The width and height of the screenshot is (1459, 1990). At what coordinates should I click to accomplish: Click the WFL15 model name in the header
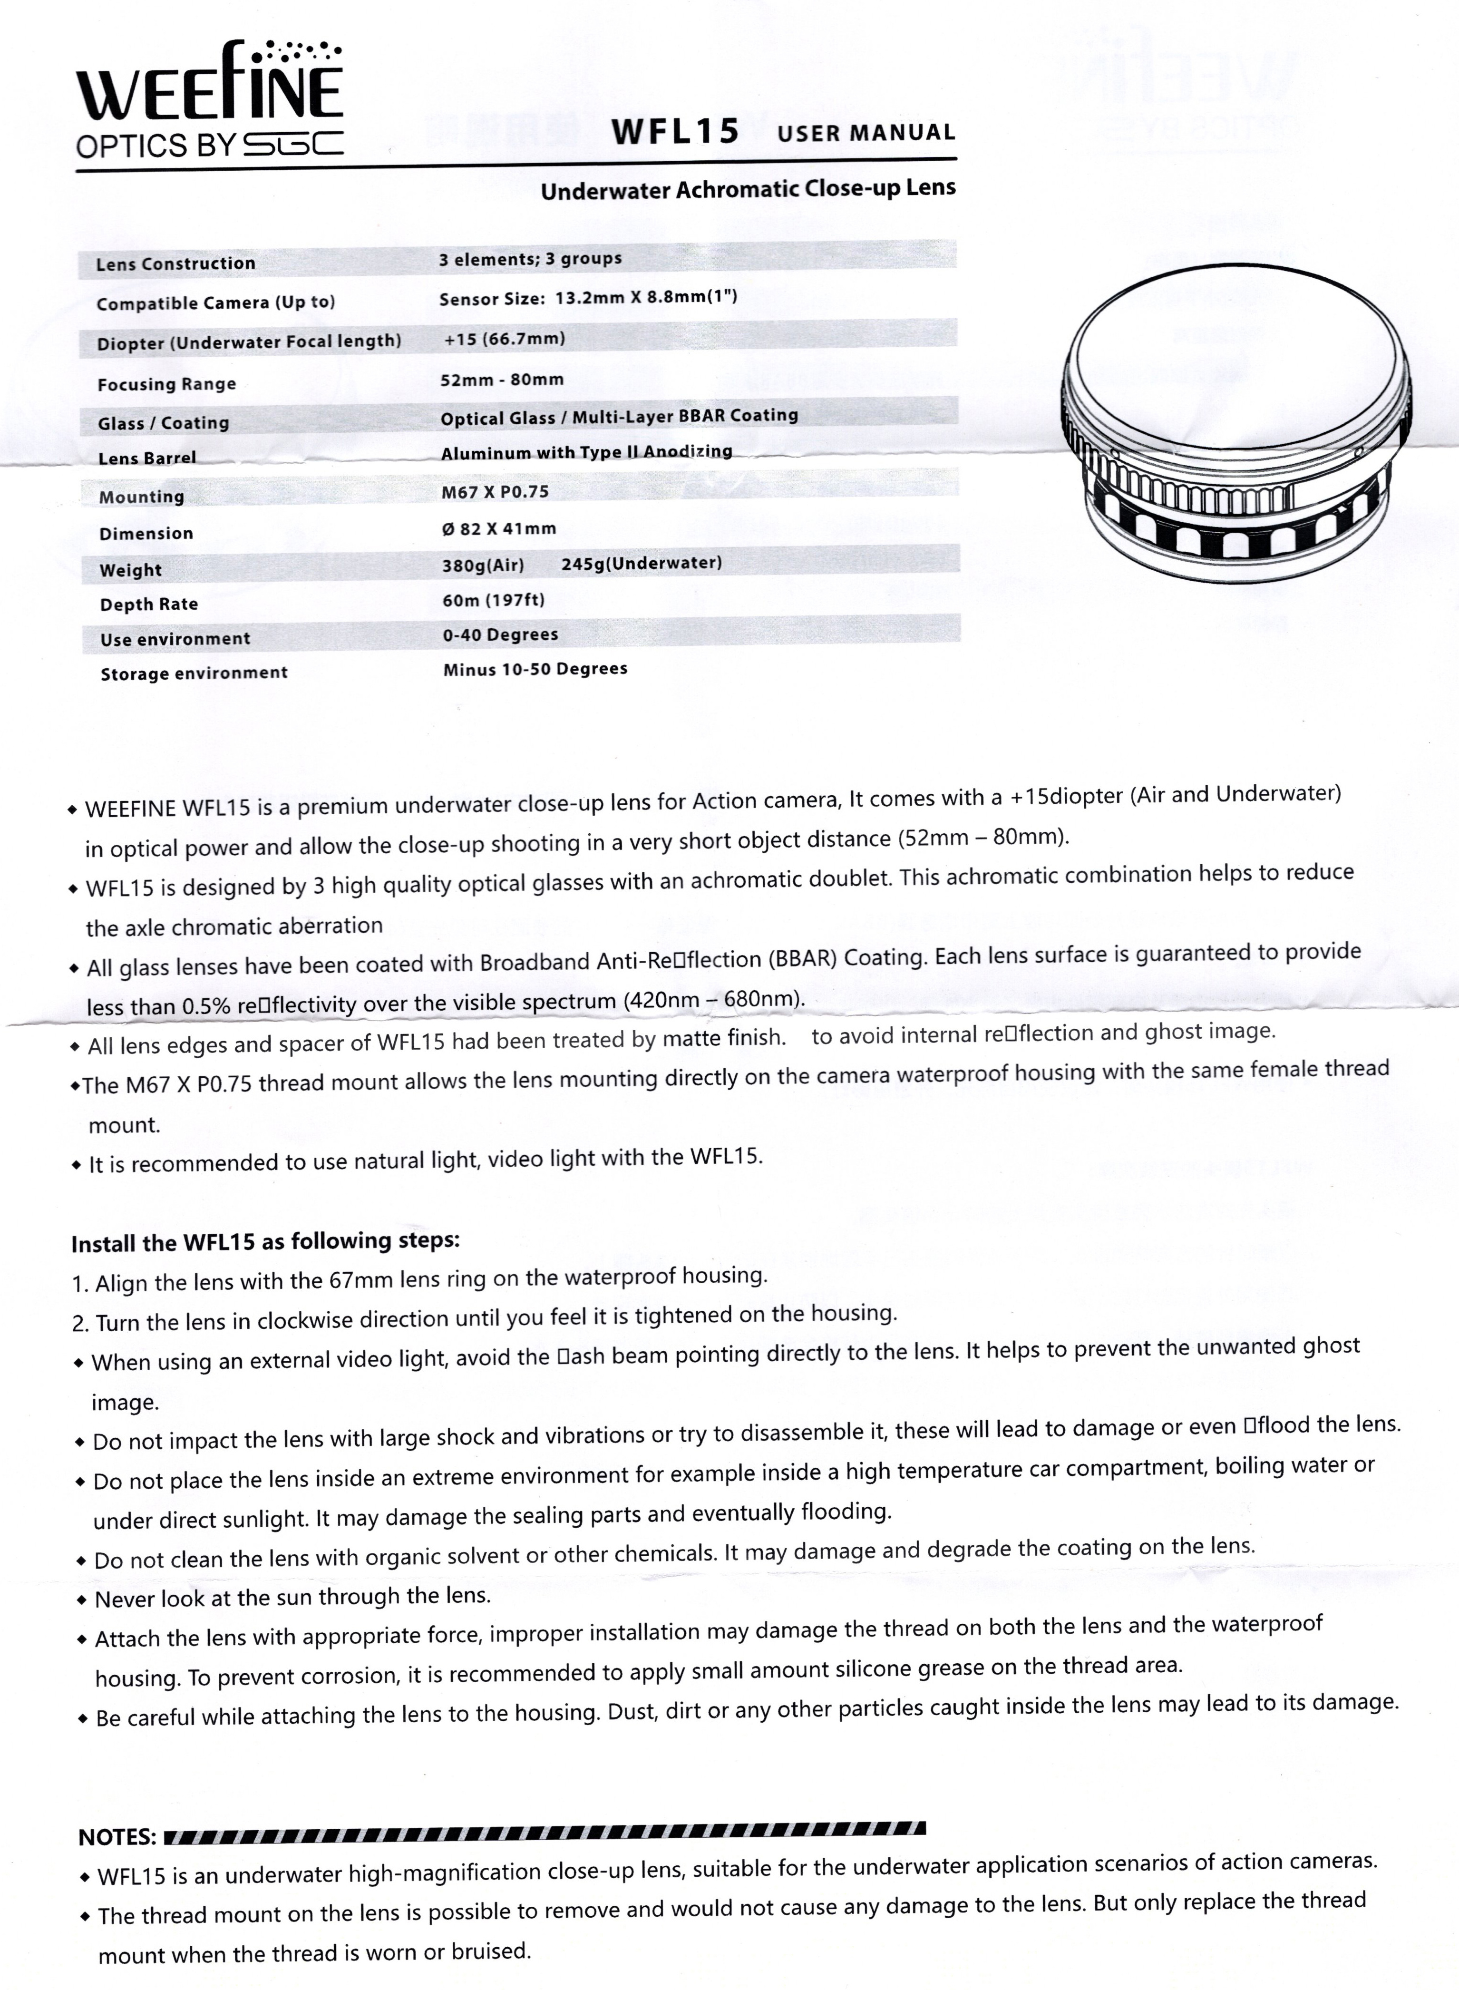675,132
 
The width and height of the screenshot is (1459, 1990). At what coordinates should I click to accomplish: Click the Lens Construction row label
176,263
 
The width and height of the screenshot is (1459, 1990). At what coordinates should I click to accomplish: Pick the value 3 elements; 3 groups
530,259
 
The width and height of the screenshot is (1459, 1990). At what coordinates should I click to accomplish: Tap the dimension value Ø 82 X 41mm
499,529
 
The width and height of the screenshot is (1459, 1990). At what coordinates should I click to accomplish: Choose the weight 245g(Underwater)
641,563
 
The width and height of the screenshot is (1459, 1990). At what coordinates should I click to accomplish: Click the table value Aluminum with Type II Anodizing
586,452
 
